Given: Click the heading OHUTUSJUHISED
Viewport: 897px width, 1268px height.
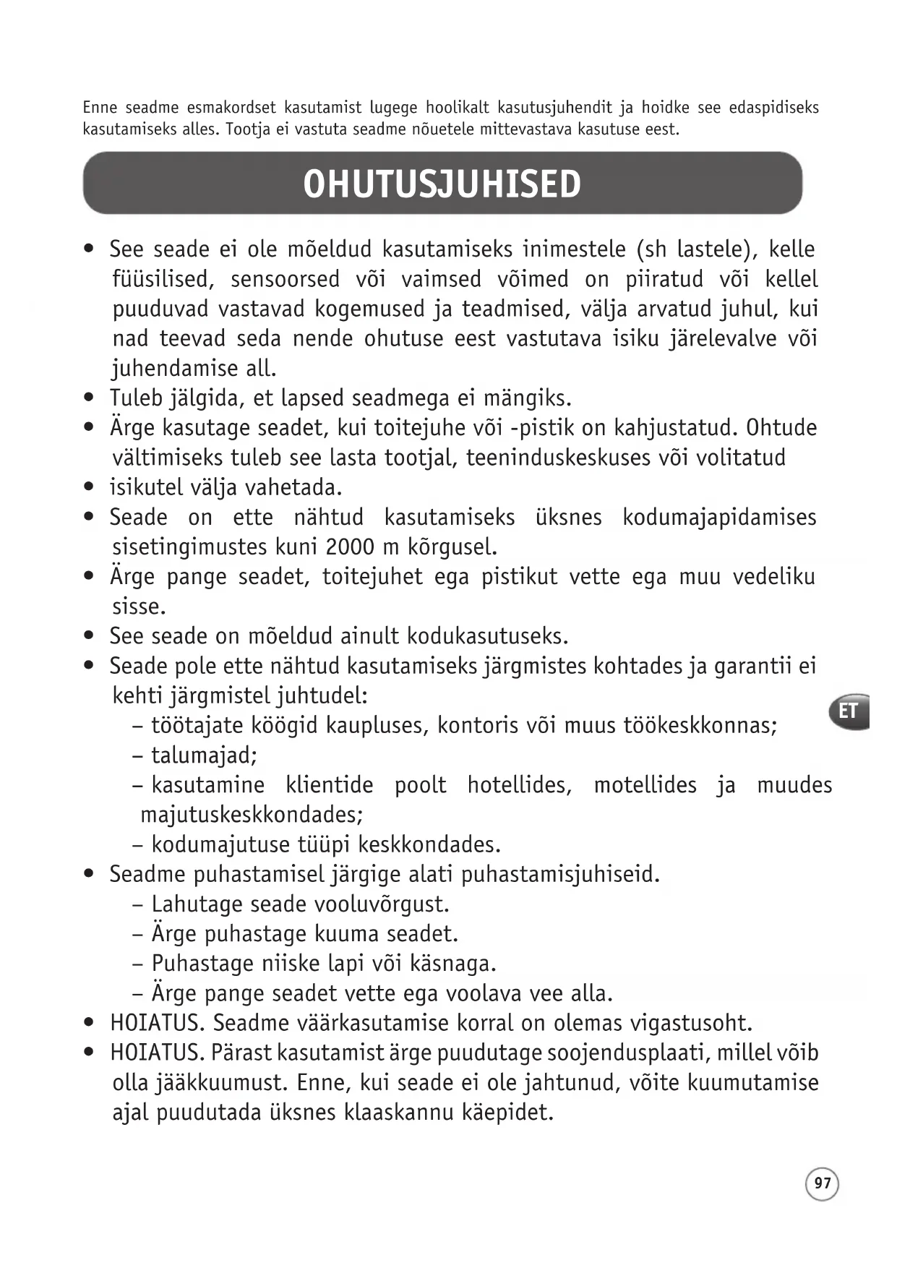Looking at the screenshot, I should pyautogui.click(x=442, y=184).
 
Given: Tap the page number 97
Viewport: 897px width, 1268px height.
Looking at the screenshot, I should pyautogui.click(x=822, y=1183).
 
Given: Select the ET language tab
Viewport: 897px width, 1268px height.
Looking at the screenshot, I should pyautogui.click(x=849, y=711).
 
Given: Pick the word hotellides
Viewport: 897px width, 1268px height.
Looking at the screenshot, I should pyautogui.click(x=519, y=785).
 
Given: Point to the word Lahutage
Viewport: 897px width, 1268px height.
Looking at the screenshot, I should pyautogui.click(x=197, y=904).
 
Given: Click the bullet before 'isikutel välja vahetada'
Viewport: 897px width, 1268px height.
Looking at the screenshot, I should pyautogui.click(x=89, y=488).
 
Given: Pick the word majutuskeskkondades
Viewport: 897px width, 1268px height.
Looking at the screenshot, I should pyautogui.click(x=251, y=815).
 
